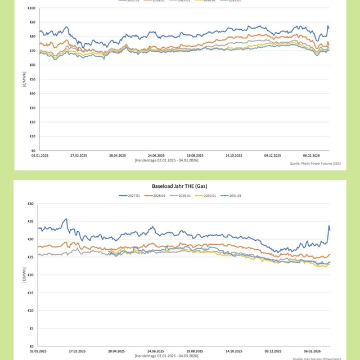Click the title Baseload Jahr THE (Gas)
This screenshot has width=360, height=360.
(x=179, y=185)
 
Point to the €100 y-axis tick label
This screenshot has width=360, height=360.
(x=31, y=8)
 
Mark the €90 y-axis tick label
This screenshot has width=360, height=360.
(x=32, y=22)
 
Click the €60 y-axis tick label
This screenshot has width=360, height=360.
(x=32, y=65)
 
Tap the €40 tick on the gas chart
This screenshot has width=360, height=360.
(x=30, y=204)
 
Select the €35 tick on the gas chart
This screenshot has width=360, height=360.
(x=30, y=222)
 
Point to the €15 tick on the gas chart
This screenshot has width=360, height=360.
(x=30, y=292)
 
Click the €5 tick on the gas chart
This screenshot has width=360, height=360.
(x=31, y=328)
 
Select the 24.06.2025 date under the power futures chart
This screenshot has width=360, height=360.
(x=156, y=155)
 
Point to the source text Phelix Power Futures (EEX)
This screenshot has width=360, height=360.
(x=317, y=164)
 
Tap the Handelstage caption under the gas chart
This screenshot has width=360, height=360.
(x=166, y=355)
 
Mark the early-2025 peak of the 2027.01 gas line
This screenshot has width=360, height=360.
(x=66, y=219)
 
